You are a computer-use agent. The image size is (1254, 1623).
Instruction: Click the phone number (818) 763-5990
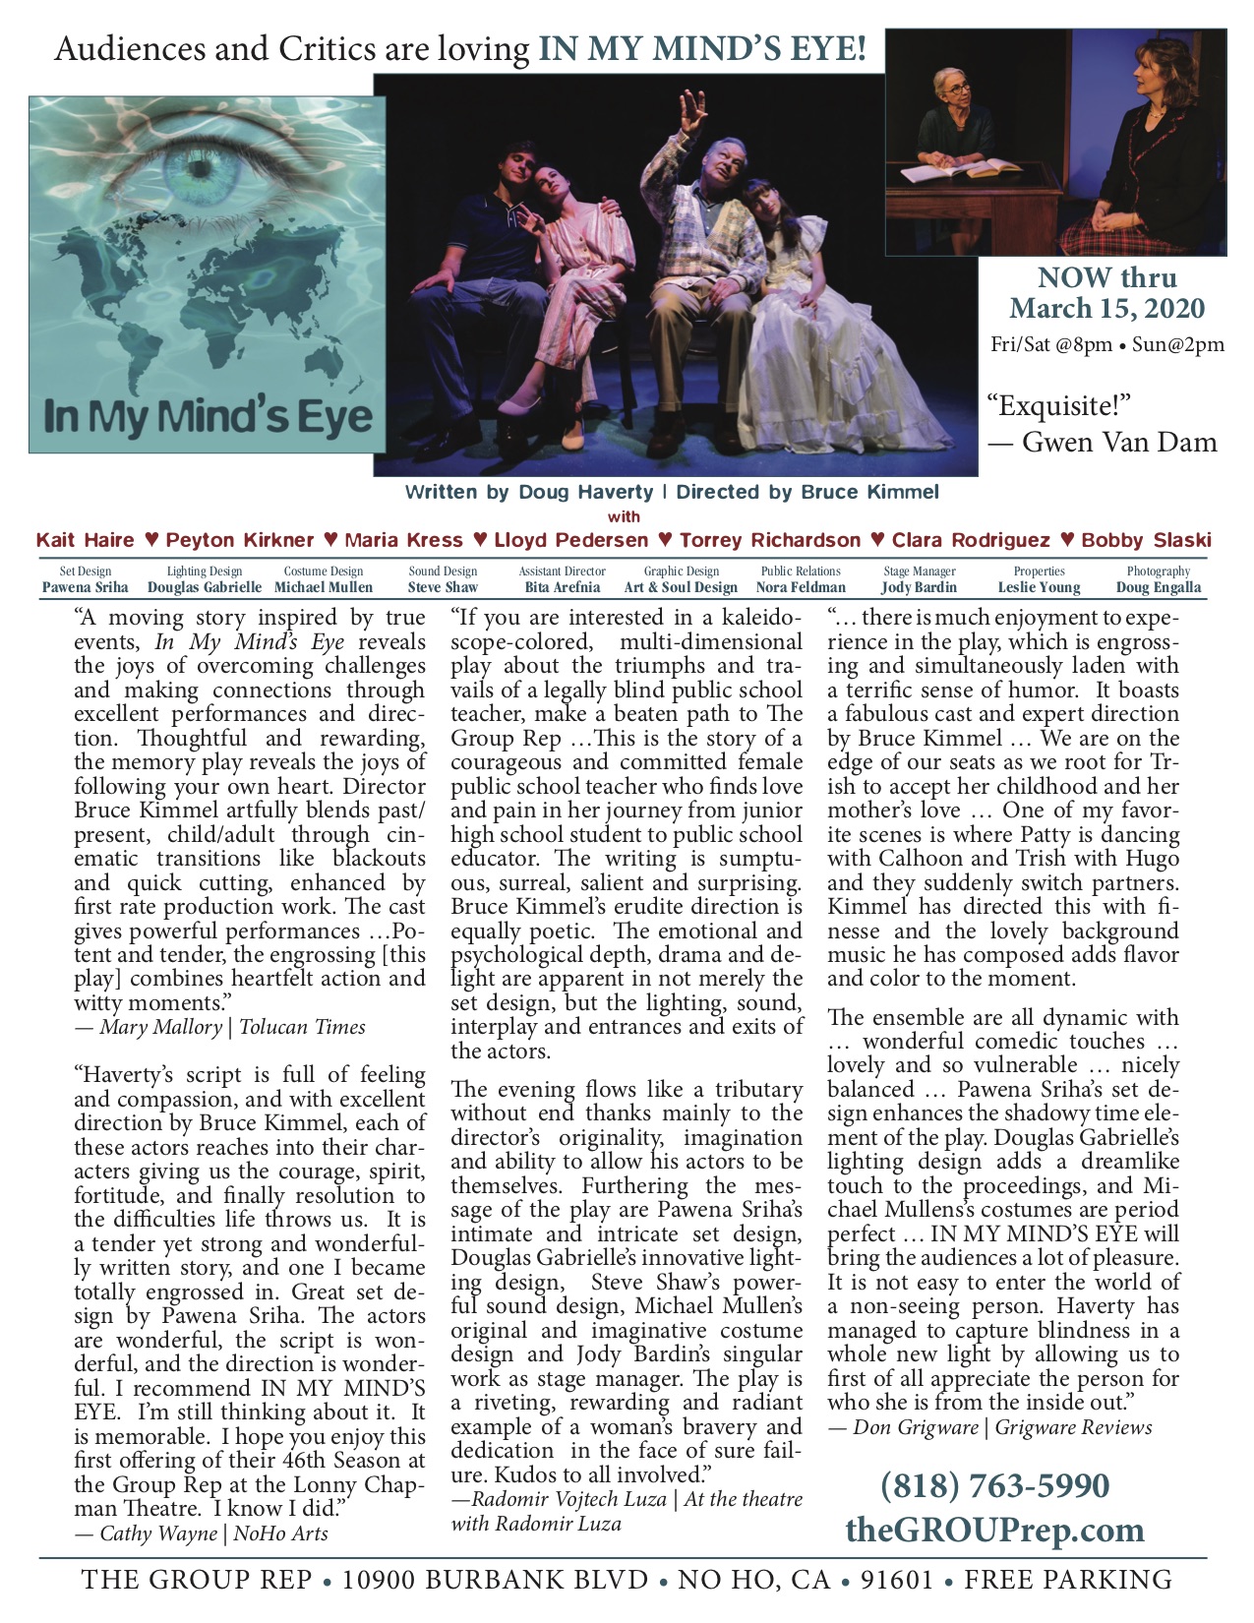tap(994, 1485)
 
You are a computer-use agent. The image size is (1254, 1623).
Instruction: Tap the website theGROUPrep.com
tap(994, 1530)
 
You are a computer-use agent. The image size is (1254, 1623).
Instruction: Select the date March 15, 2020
tap(1106, 308)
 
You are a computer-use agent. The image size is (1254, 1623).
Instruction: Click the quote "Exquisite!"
tap(1060, 405)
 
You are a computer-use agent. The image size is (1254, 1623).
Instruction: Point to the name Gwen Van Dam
tap(1120, 443)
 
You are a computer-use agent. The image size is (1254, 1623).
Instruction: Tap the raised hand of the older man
tap(693, 109)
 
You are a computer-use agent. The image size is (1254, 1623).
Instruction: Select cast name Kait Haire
tap(85, 540)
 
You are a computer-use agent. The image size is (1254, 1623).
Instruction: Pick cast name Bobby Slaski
tap(1146, 540)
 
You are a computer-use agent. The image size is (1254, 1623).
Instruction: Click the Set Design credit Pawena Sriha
tap(85, 587)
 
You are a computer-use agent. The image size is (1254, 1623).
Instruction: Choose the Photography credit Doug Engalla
tap(1159, 587)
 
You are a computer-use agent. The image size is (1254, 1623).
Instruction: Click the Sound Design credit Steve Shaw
tap(443, 587)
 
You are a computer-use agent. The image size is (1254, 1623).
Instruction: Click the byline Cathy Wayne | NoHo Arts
tap(201, 1533)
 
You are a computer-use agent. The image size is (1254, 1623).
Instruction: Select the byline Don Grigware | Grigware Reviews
tap(989, 1426)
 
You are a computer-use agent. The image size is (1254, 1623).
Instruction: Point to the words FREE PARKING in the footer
tap(1068, 1581)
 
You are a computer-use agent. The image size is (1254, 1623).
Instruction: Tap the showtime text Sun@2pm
tap(1178, 344)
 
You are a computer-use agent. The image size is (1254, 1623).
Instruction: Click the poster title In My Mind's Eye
tap(208, 416)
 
